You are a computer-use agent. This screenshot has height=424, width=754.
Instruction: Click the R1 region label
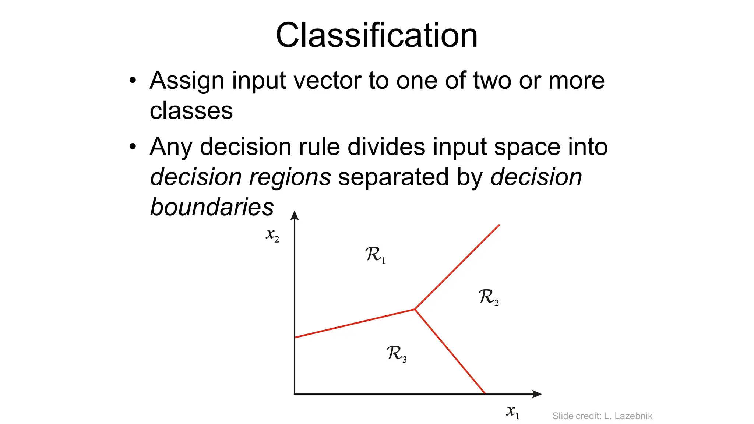click(375, 255)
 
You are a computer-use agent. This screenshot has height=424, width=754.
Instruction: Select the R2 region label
click(488, 297)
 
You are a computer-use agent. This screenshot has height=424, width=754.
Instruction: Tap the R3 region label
click(396, 354)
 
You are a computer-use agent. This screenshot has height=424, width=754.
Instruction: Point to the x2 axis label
click(272, 235)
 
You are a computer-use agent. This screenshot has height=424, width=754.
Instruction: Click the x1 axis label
click(512, 411)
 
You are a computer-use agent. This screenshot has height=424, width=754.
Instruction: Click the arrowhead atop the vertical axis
click(295, 215)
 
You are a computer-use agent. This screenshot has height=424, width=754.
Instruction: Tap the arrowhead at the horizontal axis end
click(537, 394)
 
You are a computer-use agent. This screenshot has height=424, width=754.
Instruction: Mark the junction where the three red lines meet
click(415, 309)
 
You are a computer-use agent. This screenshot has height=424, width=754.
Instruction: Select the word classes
click(191, 110)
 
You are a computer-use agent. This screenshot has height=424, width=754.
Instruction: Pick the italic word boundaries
click(212, 207)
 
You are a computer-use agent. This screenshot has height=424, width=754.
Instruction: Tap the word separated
click(393, 177)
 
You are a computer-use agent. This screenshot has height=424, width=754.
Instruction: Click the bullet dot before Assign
click(133, 80)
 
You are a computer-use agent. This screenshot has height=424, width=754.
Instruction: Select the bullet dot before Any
click(133, 147)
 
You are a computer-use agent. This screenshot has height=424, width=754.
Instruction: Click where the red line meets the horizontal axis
click(485, 394)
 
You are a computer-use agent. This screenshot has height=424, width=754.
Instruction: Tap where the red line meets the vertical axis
click(295, 337)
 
